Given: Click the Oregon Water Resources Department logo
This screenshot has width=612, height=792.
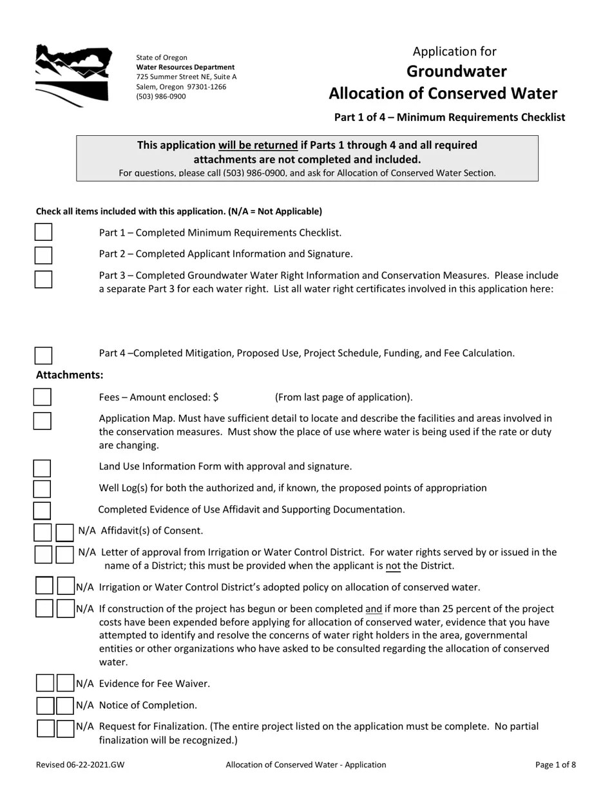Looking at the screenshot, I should click(72, 75).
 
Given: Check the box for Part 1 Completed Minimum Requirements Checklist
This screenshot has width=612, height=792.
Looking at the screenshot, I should click(43, 232).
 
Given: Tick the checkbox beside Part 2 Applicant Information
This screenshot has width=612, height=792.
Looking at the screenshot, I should click(43, 255).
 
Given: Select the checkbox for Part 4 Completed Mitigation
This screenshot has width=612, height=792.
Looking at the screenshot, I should click(43, 355).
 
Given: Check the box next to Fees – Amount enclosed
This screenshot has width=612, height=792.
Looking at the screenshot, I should click(43, 397).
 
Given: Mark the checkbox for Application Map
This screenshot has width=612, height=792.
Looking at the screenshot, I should click(43, 420).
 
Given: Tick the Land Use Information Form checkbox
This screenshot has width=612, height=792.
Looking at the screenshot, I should click(43, 468).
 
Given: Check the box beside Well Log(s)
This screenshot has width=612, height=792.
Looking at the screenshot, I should click(43, 489).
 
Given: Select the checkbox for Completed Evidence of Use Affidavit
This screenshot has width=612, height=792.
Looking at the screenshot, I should click(43, 511).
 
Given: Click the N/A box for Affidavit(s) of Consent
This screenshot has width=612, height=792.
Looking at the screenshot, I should click(64, 533).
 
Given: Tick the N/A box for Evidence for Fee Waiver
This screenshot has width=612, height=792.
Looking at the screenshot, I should click(65, 683).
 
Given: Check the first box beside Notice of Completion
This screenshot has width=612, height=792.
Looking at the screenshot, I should click(45, 706).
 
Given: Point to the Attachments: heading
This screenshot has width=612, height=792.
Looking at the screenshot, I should click(70, 375).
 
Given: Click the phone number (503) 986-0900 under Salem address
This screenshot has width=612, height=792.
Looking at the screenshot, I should click(161, 97).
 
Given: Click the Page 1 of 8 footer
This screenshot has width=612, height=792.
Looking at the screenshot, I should click(555, 765).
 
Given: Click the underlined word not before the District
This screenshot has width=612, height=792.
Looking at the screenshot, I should click(393, 566).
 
